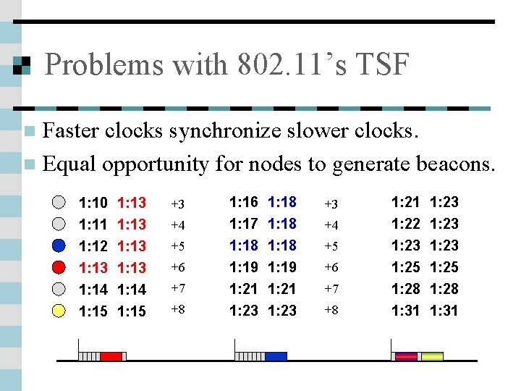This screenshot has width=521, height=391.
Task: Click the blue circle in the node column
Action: (60, 245)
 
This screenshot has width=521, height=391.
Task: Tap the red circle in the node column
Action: (60, 267)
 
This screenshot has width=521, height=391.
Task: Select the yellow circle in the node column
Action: (60, 311)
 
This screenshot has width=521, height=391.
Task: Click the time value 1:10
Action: (93, 203)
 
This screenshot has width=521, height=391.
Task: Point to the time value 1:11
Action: (93, 224)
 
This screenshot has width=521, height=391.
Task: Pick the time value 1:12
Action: (93, 246)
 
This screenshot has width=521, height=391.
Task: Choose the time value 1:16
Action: (244, 202)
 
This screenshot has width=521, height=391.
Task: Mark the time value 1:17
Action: (244, 224)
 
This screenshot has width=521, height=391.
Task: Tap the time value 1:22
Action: (406, 224)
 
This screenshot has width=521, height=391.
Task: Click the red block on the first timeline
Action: (111, 356)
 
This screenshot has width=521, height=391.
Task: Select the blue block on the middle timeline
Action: (276, 356)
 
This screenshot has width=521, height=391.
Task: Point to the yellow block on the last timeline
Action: (431, 356)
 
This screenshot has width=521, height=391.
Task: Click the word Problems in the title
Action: (103, 65)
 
